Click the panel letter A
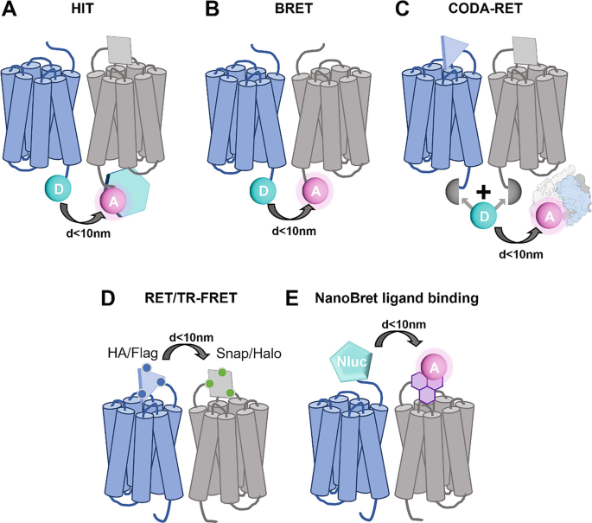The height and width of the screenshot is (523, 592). click(11, 13)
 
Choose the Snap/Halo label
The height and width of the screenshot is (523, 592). click(238, 354)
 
